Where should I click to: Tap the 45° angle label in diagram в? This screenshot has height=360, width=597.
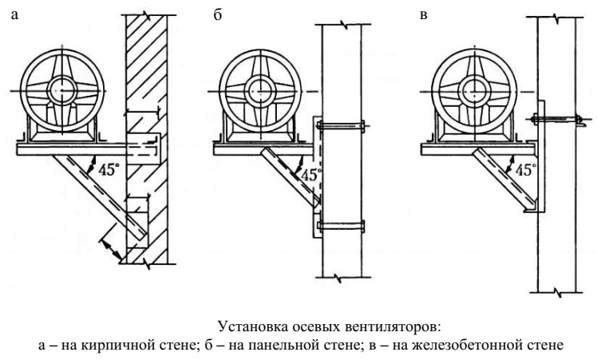coord(524,169)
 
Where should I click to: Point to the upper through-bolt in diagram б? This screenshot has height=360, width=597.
coord(341,125)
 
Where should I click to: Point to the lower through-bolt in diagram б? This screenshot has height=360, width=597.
coord(341,226)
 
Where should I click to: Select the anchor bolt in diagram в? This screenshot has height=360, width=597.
coord(558,120)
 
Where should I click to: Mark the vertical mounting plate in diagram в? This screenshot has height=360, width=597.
coord(540,156)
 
